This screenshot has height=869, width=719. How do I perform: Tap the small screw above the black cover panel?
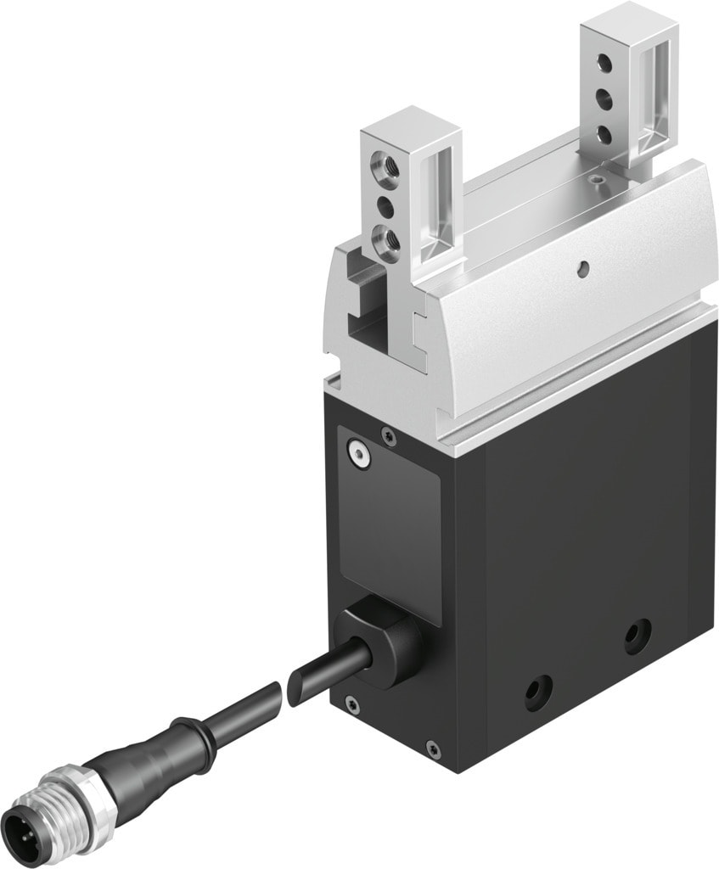(389, 435)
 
